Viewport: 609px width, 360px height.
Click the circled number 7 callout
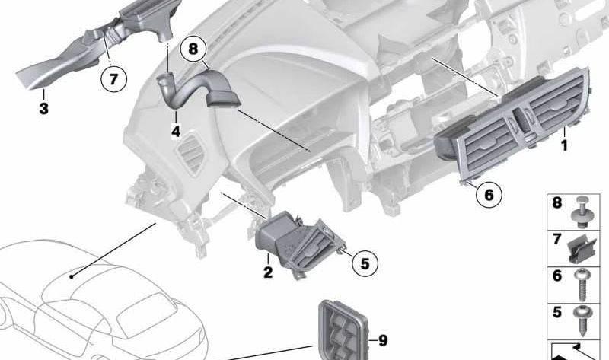point(113,78)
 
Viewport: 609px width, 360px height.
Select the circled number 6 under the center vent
point(489,195)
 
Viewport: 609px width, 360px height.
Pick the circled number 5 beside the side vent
point(365,263)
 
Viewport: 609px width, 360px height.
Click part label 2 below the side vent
point(268,272)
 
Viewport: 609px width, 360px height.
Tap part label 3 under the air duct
point(44,109)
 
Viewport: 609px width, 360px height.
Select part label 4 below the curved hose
point(175,132)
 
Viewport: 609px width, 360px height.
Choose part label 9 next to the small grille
point(383,339)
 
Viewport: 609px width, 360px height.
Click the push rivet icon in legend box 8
point(585,211)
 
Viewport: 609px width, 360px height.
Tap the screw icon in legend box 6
point(585,282)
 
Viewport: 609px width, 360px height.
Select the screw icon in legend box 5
point(585,317)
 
